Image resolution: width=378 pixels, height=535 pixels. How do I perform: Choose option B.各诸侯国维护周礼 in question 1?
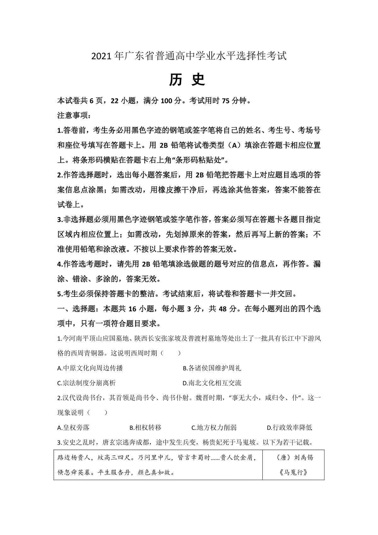coord(212,368)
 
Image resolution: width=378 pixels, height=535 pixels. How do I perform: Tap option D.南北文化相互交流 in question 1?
coord(212,383)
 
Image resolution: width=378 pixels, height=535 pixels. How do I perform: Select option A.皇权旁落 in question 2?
coord(73,428)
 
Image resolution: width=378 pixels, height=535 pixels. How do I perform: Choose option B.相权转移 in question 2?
coord(146,428)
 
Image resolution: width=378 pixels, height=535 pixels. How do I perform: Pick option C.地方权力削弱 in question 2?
coord(214,428)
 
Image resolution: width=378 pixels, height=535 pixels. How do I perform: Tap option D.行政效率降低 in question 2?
coord(289,428)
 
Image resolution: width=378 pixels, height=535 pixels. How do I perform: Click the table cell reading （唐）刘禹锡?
coord(294,457)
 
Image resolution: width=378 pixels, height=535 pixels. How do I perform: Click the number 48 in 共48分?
coord(222,309)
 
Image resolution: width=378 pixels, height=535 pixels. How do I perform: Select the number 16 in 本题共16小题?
coord(132,309)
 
